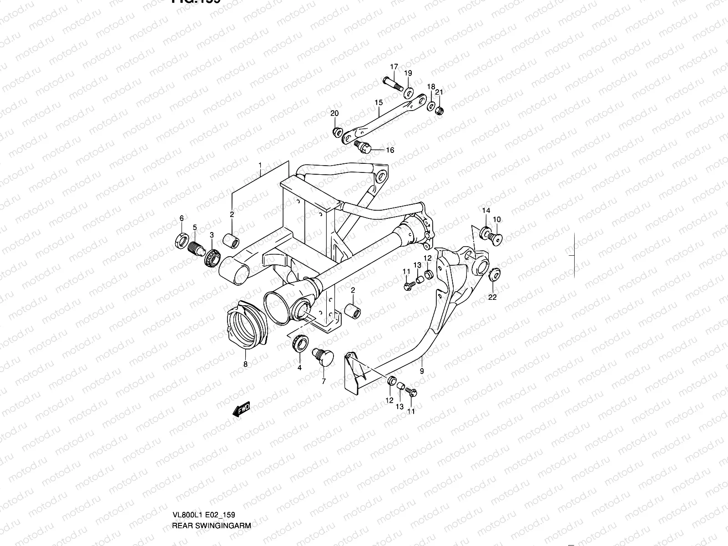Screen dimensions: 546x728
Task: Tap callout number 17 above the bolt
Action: tap(394, 67)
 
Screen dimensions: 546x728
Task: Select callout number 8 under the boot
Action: tap(245, 364)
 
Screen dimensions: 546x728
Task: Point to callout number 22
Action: tap(492, 298)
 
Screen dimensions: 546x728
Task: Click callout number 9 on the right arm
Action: tap(422, 372)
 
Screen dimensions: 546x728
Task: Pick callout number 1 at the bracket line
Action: tap(260, 165)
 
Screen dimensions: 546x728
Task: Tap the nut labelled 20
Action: tap(337, 132)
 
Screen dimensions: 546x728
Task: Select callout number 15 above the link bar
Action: tap(379, 103)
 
